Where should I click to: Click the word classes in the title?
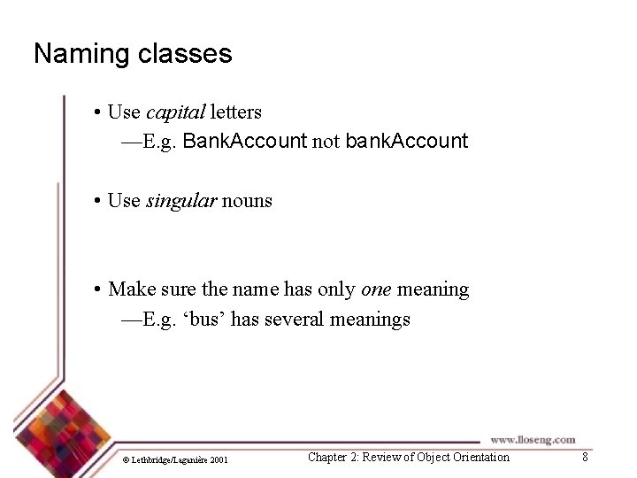(x=184, y=54)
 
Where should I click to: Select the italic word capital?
(x=175, y=112)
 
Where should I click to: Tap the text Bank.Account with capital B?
(x=244, y=141)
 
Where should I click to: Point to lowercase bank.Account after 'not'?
(x=406, y=141)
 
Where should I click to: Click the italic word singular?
(x=180, y=201)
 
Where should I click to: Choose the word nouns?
(x=247, y=201)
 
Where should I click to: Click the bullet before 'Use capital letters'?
(x=96, y=113)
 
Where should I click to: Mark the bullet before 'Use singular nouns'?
(x=96, y=201)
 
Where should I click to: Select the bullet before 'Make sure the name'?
(x=96, y=289)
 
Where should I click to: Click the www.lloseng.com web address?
(x=533, y=439)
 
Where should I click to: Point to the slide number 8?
(x=584, y=457)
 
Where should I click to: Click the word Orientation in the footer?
(x=480, y=457)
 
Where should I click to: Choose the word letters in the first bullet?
(x=235, y=112)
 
